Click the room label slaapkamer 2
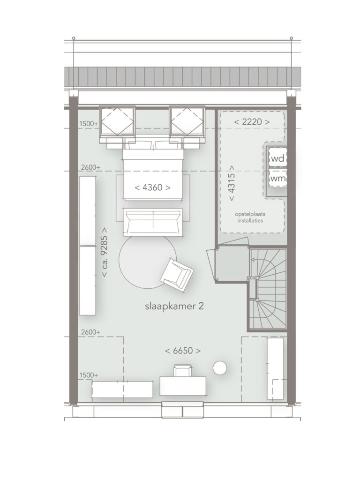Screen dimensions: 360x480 point(174,307)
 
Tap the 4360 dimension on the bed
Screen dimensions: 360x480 point(152,187)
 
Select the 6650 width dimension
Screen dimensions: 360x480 point(183,351)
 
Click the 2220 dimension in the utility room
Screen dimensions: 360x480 point(252,122)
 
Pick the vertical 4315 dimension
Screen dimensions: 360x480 point(232,183)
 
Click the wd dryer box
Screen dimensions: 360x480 point(277,158)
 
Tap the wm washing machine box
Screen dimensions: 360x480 point(278,179)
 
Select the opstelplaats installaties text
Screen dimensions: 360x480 point(250,217)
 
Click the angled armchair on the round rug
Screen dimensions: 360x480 point(177,275)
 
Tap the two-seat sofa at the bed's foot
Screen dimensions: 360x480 point(153,222)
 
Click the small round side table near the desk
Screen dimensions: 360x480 point(220,367)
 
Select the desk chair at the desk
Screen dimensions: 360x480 point(183,370)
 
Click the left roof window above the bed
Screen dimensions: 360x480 point(117,121)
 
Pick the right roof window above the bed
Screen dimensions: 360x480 point(187,121)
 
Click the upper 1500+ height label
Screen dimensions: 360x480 point(89,124)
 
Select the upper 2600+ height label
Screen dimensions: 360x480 point(90,167)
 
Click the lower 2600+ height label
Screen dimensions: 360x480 point(90,332)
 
